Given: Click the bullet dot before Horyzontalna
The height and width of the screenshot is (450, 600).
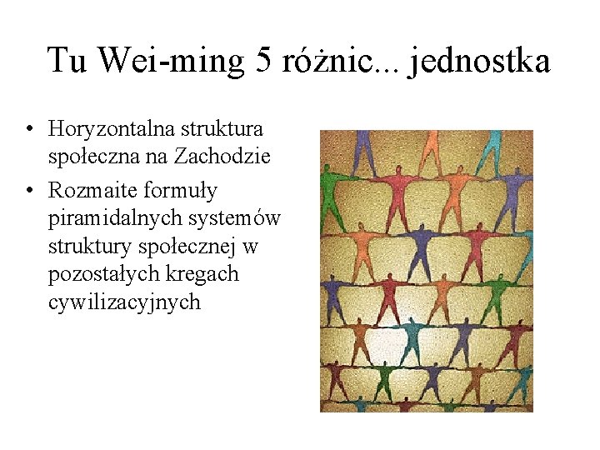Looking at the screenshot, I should coord(29,130).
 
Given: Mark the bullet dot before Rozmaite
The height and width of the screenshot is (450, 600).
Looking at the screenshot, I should coord(29,192).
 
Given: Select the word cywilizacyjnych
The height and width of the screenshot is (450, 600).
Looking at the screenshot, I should coord(125,301).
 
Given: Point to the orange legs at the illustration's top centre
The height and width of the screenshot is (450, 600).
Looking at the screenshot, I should coord(432,146).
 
